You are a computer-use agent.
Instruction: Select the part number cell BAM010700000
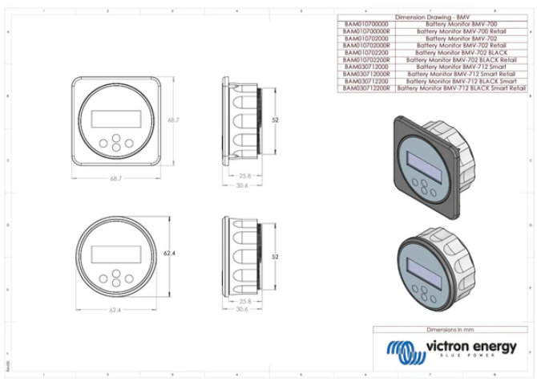coord(365,24)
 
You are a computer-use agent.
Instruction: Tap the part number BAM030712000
coord(365,67)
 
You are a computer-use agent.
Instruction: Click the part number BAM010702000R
coord(365,46)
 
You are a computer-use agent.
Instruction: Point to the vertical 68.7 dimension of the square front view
coord(172,119)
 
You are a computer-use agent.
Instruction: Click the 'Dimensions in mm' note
coord(451,330)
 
